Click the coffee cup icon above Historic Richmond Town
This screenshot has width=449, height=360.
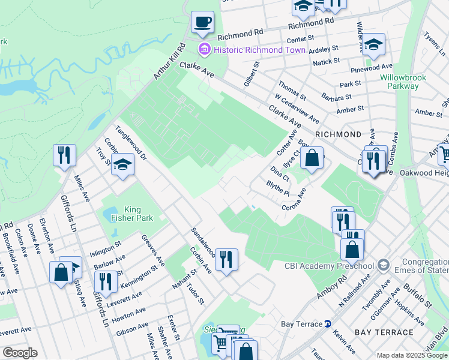tap(202, 22)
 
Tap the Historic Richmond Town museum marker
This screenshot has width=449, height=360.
tap(204, 49)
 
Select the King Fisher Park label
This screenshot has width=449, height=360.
tap(125, 214)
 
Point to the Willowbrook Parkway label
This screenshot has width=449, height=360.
tap(399, 82)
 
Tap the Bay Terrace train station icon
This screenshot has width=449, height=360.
tap(328, 324)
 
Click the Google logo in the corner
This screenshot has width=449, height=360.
tap(20, 353)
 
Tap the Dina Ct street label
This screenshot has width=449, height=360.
tap(280, 174)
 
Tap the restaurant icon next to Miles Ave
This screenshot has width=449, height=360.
tap(64, 155)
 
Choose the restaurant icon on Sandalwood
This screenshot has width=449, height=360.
tap(226, 259)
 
